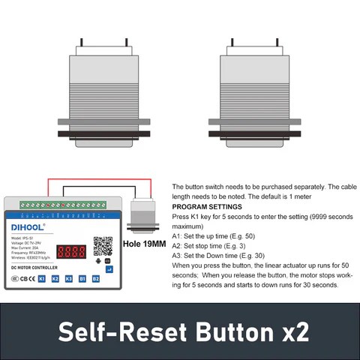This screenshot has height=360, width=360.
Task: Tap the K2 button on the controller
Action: point(55,278)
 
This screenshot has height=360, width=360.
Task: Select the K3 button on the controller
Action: point(68,278)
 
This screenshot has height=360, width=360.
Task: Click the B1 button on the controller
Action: point(82,278)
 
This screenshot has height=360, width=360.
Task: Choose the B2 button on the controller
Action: point(96,278)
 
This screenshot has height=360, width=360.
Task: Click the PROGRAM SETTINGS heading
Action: point(206,205)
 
